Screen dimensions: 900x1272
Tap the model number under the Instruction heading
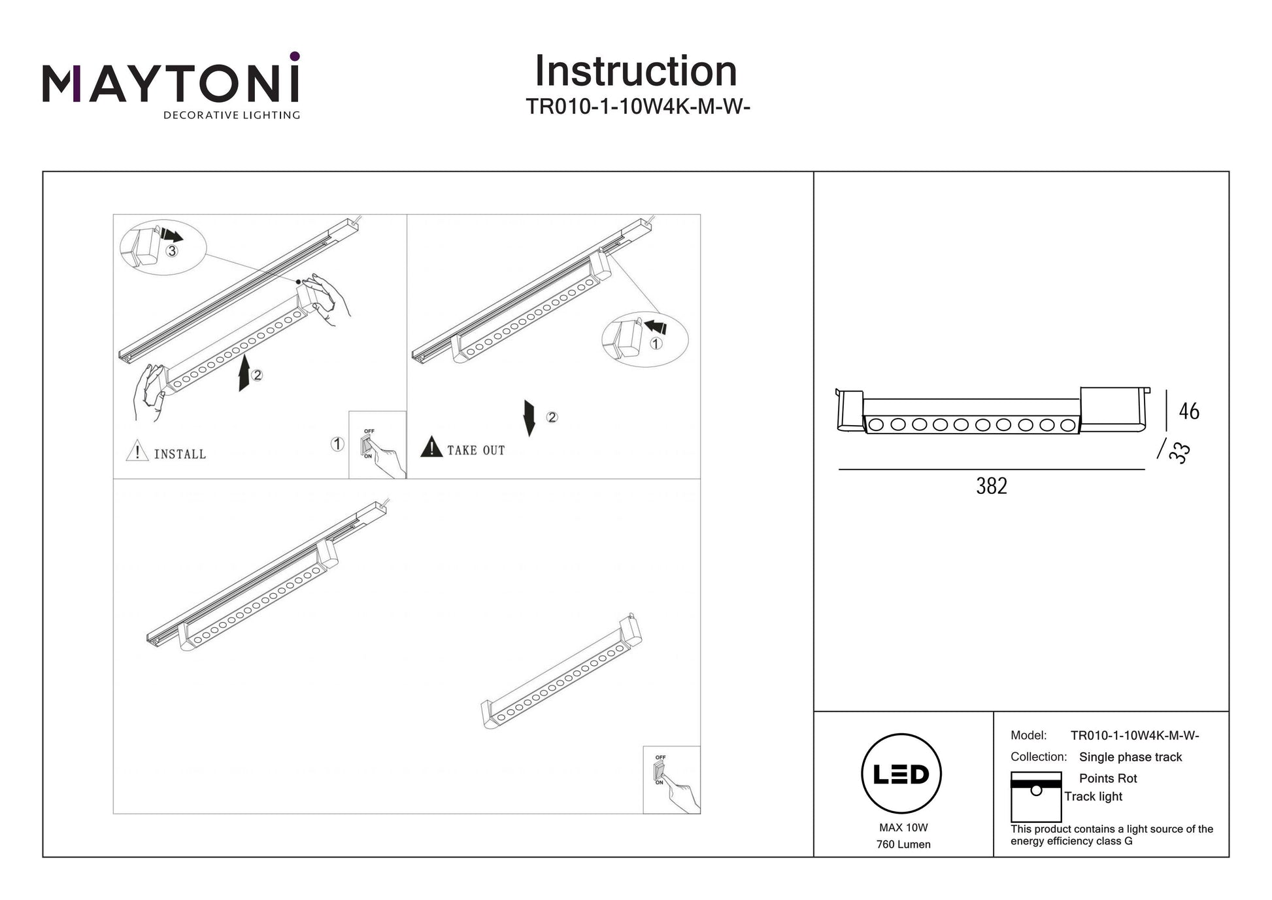(x=637, y=106)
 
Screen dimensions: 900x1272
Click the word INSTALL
(x=180, y=454)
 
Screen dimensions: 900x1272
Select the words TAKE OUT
(x=476, y=451)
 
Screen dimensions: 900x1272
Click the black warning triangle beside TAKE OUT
(x=431, y=447)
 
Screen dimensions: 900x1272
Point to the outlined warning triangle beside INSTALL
(x=137, y=451)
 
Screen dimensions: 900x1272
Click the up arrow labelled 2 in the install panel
(x=244, y=373)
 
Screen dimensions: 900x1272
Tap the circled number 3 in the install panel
(x=171, y=251)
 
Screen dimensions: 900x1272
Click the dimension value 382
(x=991, y=486)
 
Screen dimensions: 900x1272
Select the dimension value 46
(x=1189, y=411)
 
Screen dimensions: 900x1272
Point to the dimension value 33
(x=1181, y=453)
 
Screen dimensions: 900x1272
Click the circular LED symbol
(x=901, y=774)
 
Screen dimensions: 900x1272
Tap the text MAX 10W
(x=903, y=827)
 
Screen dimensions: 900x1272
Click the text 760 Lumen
(x=903, y=844)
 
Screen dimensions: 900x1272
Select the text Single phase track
(x=1130, y=757)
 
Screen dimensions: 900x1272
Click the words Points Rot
(x=1108, y=778)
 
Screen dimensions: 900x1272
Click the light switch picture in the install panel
(x=377, y=445)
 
